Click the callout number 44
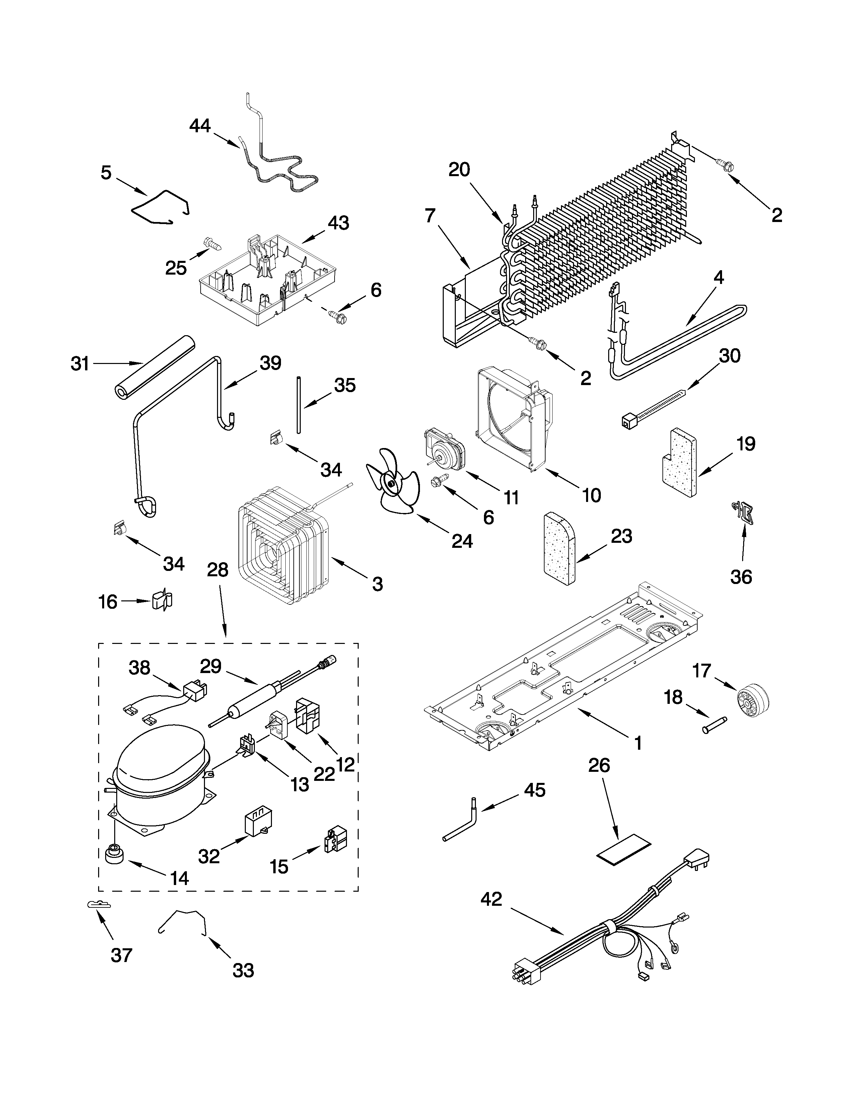point(200,126)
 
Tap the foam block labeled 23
point(559,548)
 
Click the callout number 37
point(122,955)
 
